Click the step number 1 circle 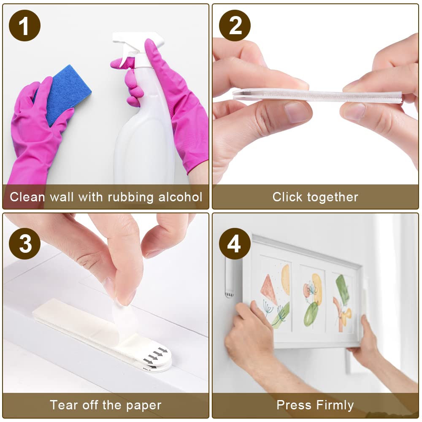coord(24,26)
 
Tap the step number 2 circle coord(235,26)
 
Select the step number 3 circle coord(24,244)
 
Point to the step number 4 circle coord(235,244)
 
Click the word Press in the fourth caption coord(292,406)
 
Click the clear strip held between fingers coord(316,96)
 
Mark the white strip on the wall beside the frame coord(229,276)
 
